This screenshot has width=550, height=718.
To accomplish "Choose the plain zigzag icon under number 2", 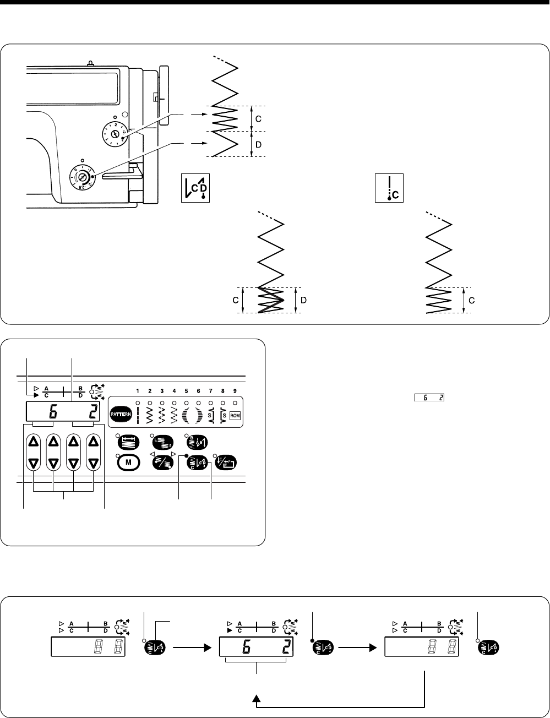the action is pos(149,414).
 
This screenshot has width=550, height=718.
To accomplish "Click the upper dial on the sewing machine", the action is pos(115,133).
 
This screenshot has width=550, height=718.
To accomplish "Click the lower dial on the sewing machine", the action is pos(82,177).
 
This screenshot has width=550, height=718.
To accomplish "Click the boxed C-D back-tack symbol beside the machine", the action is pos(196,188).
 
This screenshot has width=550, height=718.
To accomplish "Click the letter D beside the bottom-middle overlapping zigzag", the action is pos(303,300).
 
